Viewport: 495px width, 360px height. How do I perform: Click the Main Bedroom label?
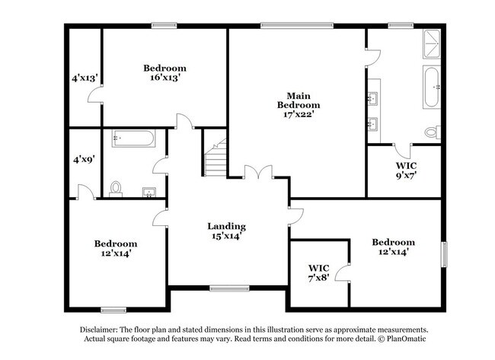(298, 99)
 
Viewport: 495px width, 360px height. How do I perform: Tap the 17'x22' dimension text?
(298, 114)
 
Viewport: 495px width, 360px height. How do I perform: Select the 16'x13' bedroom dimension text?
(164, 78)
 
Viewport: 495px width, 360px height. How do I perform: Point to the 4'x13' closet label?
(84, 78)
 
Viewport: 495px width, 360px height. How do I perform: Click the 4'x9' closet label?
(84, 159)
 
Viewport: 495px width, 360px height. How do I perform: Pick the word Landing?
(227, 226)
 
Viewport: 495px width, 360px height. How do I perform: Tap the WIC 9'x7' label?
(405, 170)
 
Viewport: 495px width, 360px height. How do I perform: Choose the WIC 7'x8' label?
(319, 273)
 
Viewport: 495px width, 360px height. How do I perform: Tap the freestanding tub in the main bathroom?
(431, 88)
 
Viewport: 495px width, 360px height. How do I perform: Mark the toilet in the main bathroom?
(432, 132)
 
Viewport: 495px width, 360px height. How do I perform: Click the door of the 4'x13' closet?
(95, 94)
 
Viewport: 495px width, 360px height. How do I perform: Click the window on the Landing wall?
(225, 288)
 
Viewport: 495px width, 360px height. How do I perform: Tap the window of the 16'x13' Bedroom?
(164, 25)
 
